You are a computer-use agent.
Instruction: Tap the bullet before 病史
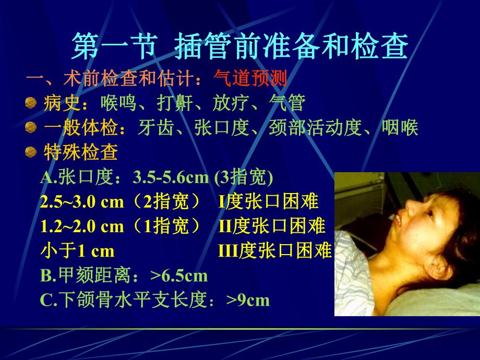click(x=31, y=102)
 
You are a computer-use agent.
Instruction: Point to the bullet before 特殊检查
click(x=31, y=152)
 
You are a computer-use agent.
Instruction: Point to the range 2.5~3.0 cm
click(x=82, y=202)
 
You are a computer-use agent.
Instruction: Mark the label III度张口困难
click(x=274, y=251)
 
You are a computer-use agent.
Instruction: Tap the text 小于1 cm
click(x=77, y=251)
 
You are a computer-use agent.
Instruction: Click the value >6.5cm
click(x=178, y=275)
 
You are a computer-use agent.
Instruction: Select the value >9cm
click(x=248, y=300)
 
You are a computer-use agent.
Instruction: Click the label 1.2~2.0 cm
click(x=82, y=226)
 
